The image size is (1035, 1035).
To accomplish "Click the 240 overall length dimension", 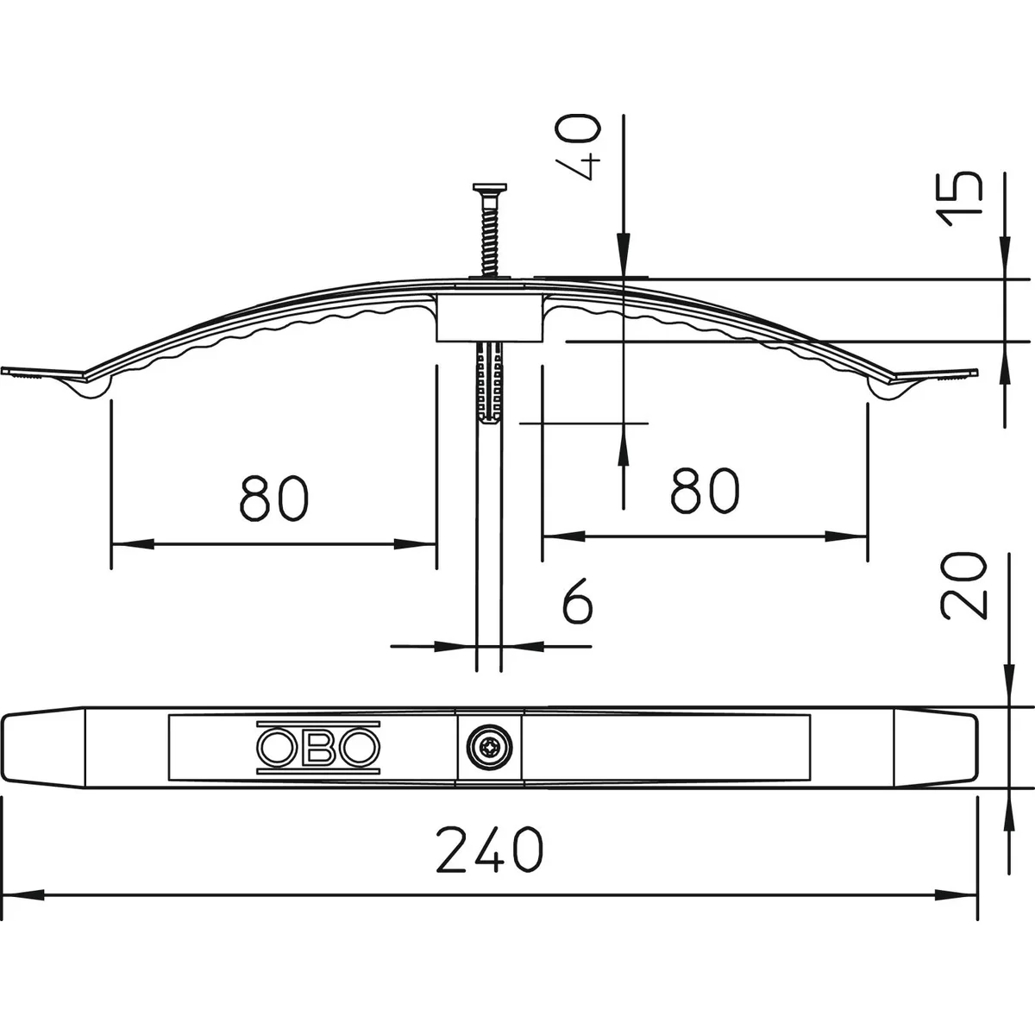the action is click(x=489, y=850).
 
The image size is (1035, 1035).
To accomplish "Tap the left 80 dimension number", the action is click(x=274, y=498).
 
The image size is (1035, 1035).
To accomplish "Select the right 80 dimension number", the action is click(x=705, y=490).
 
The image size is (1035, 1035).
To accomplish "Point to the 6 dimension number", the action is click(x=577, y=600).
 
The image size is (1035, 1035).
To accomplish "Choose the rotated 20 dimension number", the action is click(x=963, y=585).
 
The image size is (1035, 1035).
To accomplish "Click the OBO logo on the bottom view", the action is click(x=318, y=747).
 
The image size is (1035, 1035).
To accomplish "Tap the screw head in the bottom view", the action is click(x=489, y=747).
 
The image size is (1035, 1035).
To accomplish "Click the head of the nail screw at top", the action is click(x=490, y=187).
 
